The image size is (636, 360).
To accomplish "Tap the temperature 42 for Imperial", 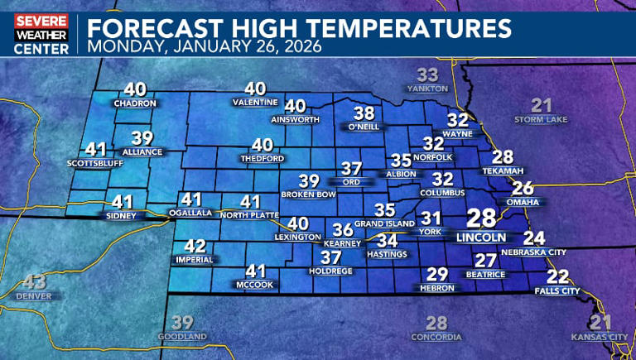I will point(195,246).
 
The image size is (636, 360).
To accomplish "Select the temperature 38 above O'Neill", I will point(364,113).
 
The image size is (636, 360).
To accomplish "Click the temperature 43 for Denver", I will point(35,281).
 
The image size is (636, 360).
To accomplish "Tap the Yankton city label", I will point(427,89).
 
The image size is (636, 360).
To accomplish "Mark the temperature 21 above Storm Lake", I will point(542,105).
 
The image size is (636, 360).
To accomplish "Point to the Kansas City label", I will point(600,337).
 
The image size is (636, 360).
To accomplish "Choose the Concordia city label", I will point(436,337).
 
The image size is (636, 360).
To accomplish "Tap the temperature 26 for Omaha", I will point(523,188).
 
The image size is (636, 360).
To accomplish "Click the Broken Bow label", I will point(308,194).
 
